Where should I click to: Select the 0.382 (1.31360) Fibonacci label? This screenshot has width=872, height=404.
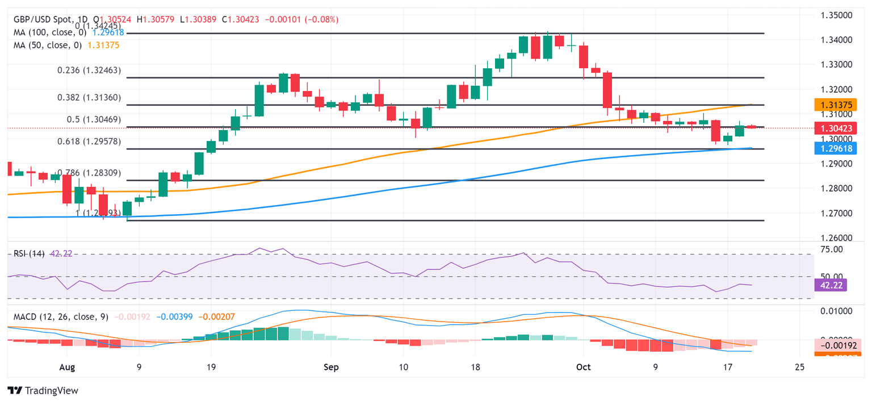pos(89,98)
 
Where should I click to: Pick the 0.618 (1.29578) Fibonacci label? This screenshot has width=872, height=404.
pos(89,141)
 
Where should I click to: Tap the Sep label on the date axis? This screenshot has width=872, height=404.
pos(331,367)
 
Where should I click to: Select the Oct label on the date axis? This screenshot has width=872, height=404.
pos(583,367)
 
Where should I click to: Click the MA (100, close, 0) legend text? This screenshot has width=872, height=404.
pos(50,33)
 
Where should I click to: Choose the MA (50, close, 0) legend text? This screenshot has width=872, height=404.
pos(48,46)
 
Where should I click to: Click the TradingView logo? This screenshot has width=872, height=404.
pos(43,390)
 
